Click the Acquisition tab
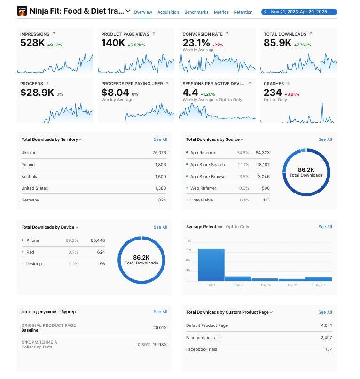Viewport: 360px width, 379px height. coord(168,12)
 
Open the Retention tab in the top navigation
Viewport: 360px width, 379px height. coord(243,12)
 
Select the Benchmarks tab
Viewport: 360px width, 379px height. coord(196,12)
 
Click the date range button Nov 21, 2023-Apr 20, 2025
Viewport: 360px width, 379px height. coord(299,12)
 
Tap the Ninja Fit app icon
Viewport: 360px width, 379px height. coord(22,11)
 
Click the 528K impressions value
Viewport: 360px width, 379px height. coord(32,43)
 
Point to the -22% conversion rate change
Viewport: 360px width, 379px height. coord(218,45)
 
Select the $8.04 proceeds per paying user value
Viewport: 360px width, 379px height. coord(115,93)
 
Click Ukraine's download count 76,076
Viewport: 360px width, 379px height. coord(159,153)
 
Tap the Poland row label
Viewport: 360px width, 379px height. coord(28,165)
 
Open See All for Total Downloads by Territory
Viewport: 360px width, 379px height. coord(160,139)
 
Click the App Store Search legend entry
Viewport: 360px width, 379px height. coord(207,165)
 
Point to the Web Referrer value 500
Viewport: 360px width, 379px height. coord(266,188)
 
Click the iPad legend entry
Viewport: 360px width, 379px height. coord(30,252)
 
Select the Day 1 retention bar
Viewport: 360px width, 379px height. coord(211,265)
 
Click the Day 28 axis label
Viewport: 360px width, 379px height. coord(319,285)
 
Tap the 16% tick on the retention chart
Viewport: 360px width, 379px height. coord(188,241)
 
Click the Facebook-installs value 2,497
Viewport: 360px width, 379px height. coord(326,338)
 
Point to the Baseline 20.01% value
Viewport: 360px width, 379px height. coord(160,328)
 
